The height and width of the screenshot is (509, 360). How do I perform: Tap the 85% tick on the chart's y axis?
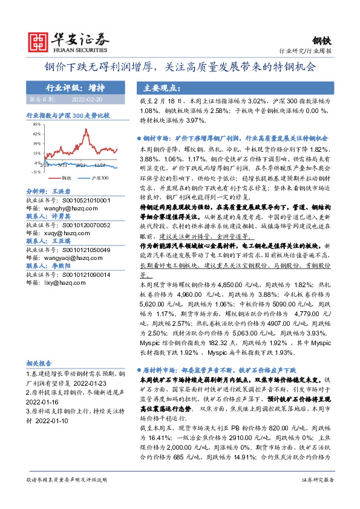pyautogui.click(x=36, y=124)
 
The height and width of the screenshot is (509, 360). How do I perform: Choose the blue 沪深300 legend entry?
pyautogui.click(x=97, y=179)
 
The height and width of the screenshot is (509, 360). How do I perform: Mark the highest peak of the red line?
pyautogui.click(x=89, y=131)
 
